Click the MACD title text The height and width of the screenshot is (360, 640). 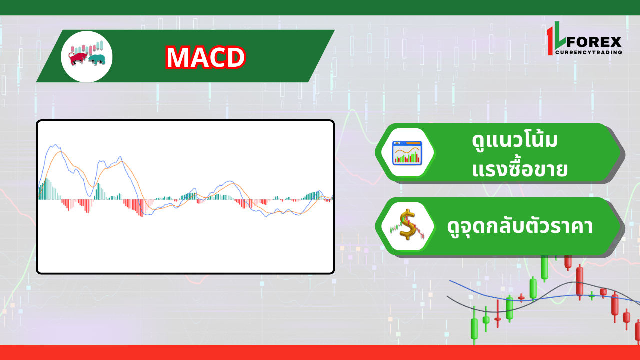pyautogui.click(x=205, y=57)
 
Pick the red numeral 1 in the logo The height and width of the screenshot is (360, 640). pyautogui.click(x=551, y=41)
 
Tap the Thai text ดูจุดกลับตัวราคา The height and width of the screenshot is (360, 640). pyautogui.click(x=520, y=226)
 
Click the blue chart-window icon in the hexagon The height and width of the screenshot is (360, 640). pyautogui.click(x=407, y=152)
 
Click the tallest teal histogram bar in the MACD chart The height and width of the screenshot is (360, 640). pyautogui.click(x=46, y=189)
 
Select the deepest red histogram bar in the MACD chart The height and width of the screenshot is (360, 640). pyautogui.click(x=142, y=208)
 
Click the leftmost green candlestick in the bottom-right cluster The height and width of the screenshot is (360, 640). pyautogui.click(x=473, y=328)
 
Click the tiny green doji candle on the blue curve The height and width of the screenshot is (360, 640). pyautogui.click(x=592, y=296)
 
